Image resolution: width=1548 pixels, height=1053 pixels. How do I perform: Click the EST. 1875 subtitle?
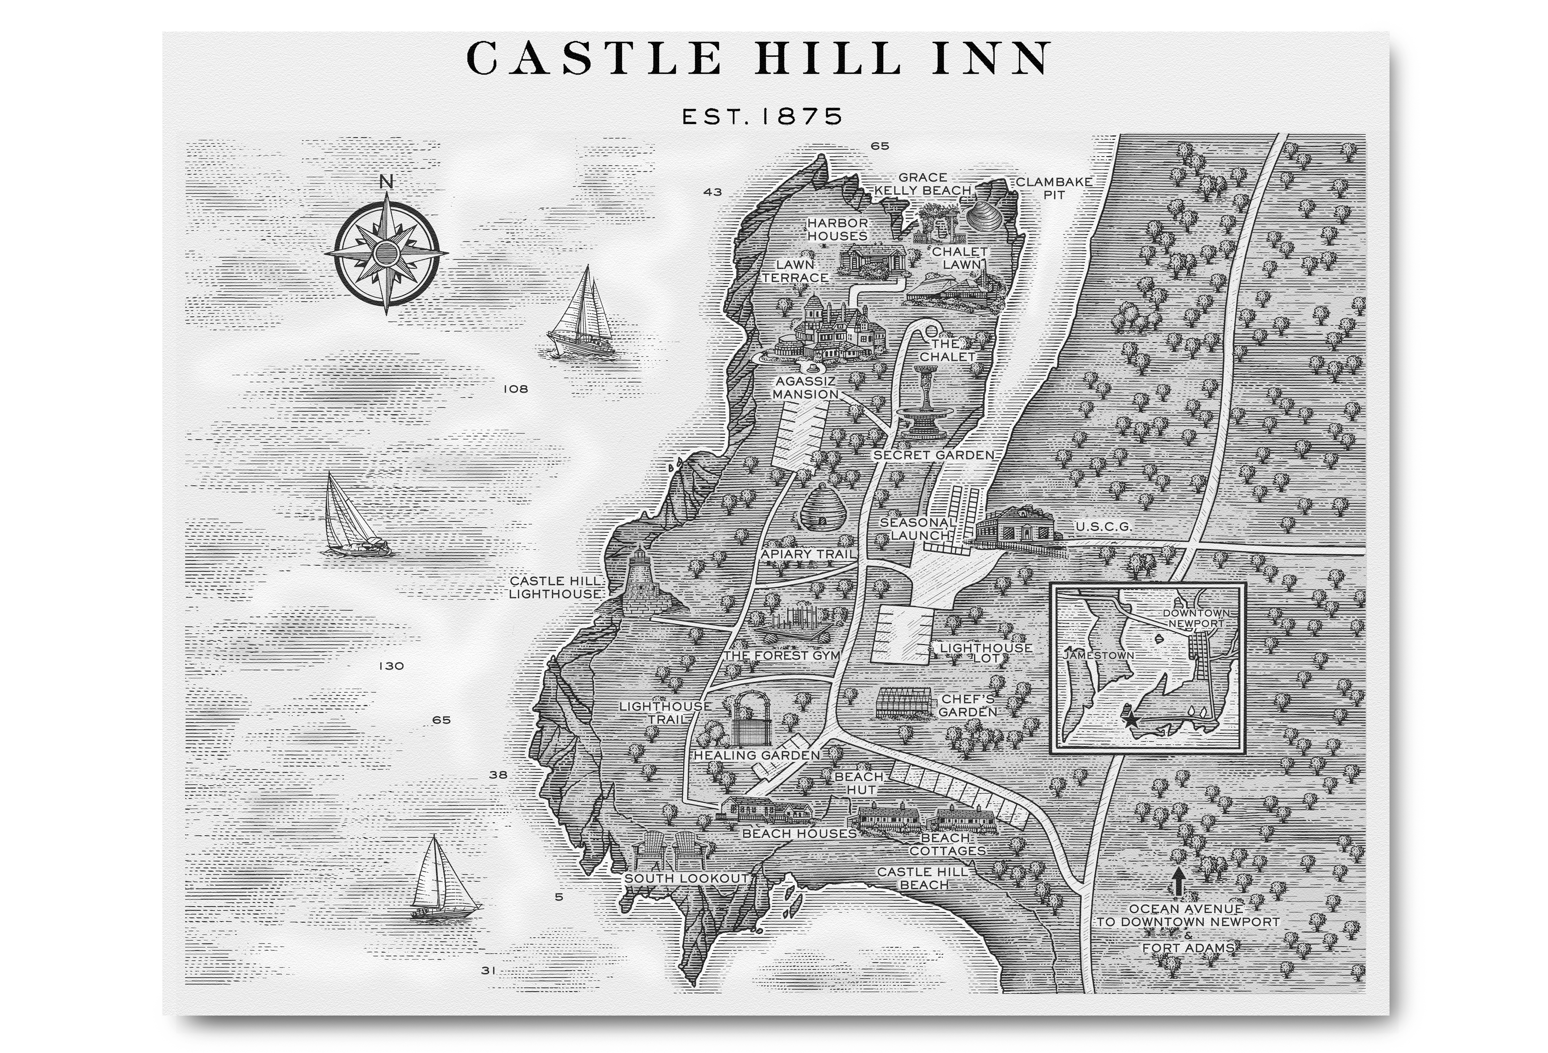[762, 117]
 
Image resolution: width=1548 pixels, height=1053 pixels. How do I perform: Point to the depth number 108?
[515, 389]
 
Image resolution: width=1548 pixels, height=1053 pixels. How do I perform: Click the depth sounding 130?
[391, 666]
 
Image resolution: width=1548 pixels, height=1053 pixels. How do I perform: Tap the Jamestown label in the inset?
[1099, 655]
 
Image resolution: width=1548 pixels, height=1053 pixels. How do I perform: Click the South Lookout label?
[686, 878]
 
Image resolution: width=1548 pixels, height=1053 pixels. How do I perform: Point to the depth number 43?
[713, 192]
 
